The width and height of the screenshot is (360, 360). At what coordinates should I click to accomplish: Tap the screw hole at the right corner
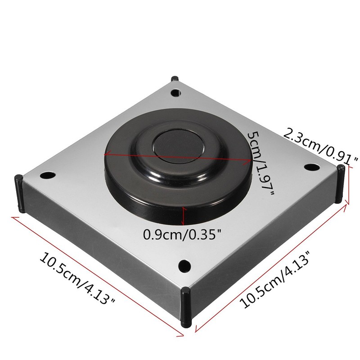point(310,167)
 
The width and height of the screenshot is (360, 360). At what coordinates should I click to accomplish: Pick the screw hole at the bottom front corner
point(183,265)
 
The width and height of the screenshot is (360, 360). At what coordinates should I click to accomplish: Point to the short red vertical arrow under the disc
point(183,216)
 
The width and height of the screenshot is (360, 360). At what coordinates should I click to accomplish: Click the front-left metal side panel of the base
point(99,243)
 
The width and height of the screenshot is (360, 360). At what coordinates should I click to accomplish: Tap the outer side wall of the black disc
point(148,198)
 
